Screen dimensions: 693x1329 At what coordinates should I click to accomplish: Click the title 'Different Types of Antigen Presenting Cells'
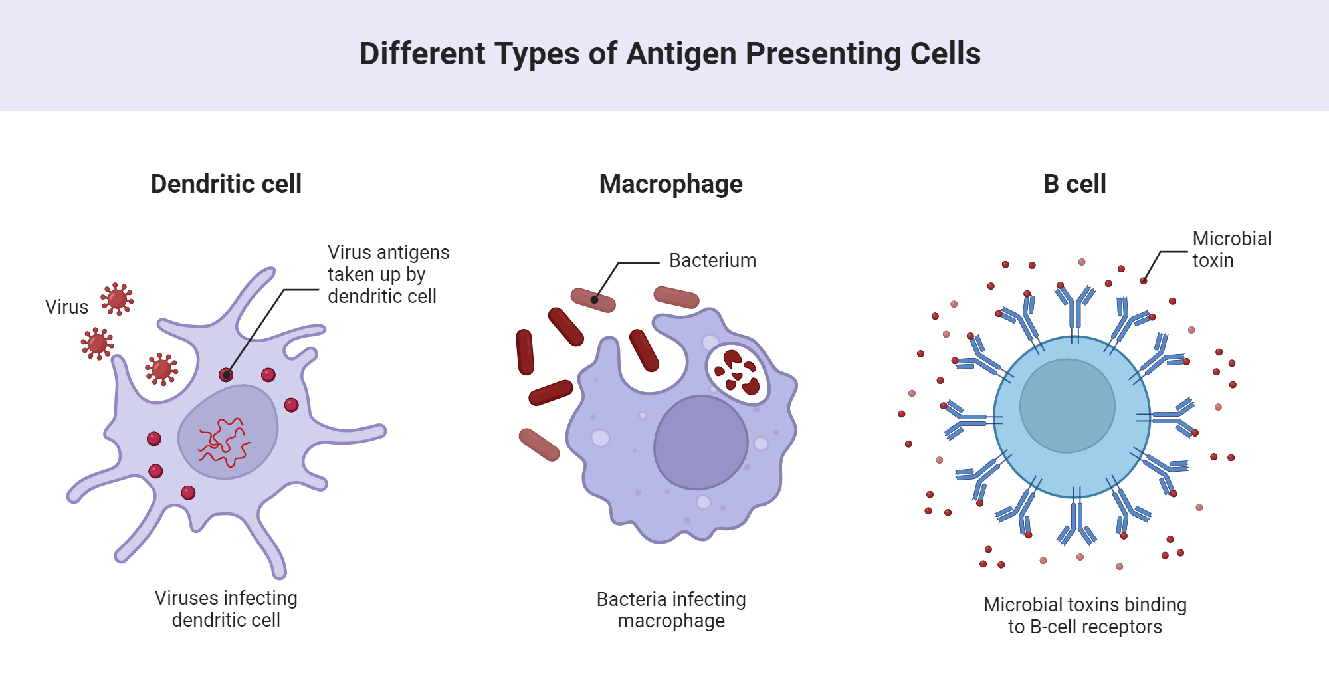670,54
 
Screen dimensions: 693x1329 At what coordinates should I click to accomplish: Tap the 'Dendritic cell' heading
226,184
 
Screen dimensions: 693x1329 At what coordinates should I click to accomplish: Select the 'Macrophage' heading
670,184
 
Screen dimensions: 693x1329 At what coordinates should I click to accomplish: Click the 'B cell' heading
1074,184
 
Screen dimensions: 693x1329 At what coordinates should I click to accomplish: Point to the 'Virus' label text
66,307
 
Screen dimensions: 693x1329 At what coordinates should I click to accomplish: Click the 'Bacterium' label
712,260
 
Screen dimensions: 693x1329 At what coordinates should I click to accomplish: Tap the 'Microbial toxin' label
1231,249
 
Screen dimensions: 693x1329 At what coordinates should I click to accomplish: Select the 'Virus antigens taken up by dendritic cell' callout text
388,274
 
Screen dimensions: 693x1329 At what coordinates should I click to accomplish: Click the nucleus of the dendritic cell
228,432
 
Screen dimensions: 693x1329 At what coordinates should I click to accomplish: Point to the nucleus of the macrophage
700,443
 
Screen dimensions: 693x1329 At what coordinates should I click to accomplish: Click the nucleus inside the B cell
1067,406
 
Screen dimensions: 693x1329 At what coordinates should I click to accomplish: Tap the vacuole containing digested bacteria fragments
737,373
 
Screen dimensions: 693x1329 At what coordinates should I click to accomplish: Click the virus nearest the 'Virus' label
117,299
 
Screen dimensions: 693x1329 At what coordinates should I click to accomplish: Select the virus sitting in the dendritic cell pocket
161,369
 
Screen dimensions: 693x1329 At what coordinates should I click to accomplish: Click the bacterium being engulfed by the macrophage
644,350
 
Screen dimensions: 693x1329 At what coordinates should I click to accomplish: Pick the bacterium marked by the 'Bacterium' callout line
593,300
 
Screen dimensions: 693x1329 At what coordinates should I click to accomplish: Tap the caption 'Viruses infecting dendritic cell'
226,609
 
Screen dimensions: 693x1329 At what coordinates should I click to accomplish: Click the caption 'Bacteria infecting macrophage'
671,610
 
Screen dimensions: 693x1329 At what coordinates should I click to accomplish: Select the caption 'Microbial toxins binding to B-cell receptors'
1084,615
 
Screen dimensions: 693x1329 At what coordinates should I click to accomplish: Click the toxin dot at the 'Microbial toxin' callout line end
1144,281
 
